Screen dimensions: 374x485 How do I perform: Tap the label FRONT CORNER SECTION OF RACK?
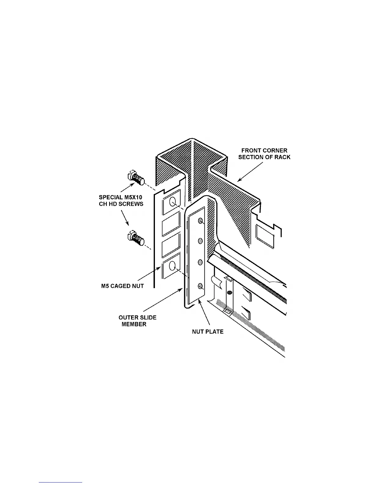click(x=264, y=154)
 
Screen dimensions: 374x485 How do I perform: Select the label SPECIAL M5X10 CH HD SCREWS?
click(x=121, y=201)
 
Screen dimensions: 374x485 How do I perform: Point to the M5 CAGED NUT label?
click(x=122, y=286)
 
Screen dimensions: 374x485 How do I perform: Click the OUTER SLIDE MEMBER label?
click(x=137, y=321)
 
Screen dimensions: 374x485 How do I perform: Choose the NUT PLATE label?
click(x=208, y=332)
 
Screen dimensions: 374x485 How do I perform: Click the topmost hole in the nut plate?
click(x=200, y=221)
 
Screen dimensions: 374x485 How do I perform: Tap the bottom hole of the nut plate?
click(x=200, y=286)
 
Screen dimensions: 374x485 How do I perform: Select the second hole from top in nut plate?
click(x=200, y=241)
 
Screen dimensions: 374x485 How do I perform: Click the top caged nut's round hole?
click(x=172, y=201)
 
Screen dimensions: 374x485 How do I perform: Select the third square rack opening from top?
click(x=171, y=247)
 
